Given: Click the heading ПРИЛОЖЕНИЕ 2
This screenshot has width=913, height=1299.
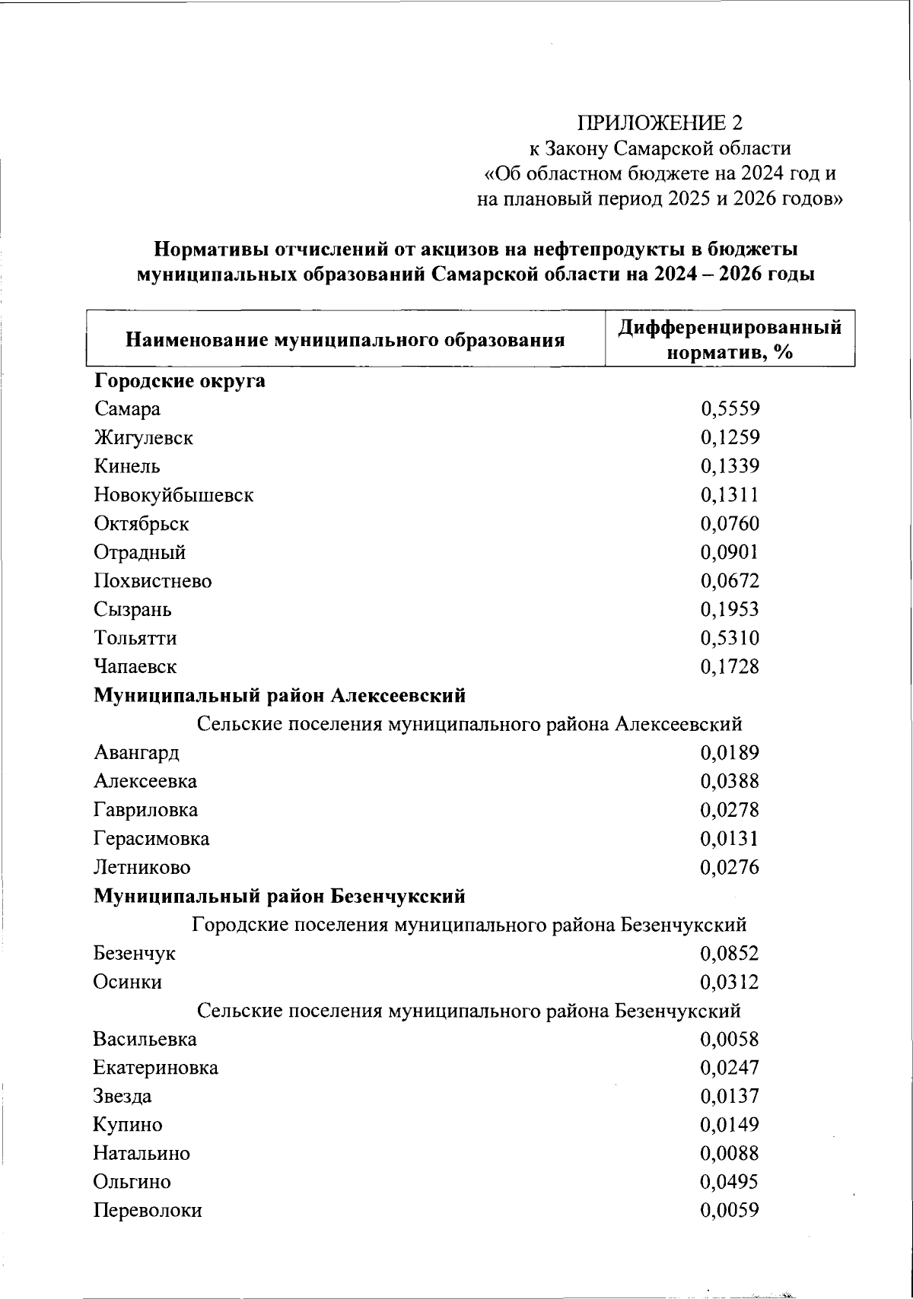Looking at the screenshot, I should pos(659,123).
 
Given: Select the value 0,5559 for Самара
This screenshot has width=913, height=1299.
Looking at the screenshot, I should pos(730,409).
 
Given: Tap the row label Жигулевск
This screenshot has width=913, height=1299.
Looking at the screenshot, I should pos(143,438).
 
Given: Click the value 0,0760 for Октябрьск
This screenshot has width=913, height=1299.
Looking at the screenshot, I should pos(730,524).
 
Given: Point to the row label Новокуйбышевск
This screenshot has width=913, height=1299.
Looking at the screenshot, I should pos(173,495).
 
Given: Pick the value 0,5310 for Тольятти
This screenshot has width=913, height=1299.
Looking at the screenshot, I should pos(730,638).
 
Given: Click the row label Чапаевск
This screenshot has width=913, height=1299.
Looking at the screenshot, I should pos(135,667).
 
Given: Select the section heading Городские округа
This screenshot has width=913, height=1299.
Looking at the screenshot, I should pos(180,380).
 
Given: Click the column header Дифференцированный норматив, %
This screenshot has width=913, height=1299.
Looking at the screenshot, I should pos(730,339).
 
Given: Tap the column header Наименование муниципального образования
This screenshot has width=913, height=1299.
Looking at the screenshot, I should pos(345,340).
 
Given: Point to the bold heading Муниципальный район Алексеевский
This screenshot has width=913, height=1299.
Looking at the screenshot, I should pos(279,695).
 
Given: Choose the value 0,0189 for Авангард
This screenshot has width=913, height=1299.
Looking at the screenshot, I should pos(730,753).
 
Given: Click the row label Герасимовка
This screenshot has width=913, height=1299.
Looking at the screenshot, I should pos(151,839).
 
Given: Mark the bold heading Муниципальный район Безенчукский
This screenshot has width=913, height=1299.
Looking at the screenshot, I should pos(279,897).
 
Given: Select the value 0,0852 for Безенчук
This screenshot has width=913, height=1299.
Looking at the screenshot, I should pos(730,954).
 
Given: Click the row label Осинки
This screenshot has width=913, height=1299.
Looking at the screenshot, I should pos(128,982).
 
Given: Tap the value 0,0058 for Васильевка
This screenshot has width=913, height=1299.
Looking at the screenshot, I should pos(730,1040).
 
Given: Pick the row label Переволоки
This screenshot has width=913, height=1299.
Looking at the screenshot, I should pos(148,1211).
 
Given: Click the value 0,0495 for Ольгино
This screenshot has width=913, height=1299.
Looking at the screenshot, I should pos(730,1182).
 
